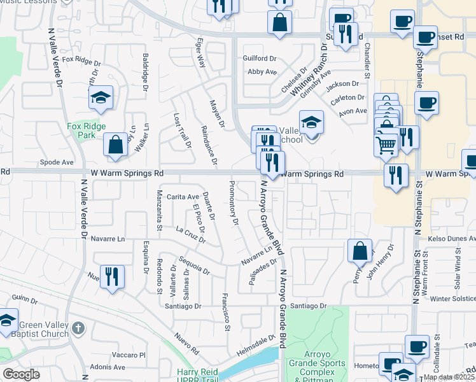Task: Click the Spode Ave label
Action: pos(53,162)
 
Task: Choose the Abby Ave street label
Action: pos(262,72)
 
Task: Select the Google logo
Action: pos(21,374)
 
